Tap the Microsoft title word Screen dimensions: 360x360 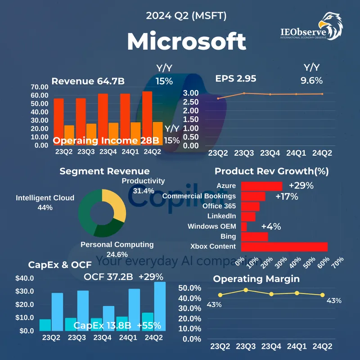186,41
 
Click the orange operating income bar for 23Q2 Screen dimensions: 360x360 69,135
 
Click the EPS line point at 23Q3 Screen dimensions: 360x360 244,93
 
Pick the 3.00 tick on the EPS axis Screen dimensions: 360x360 191,93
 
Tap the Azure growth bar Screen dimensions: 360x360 261,186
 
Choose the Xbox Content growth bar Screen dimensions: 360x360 284,247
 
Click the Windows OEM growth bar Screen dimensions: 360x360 244,226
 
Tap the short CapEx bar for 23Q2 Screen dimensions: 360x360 45,325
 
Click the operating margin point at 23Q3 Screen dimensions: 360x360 246,290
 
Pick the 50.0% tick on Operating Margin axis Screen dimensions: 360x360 192,288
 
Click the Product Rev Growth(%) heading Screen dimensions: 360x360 271,171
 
